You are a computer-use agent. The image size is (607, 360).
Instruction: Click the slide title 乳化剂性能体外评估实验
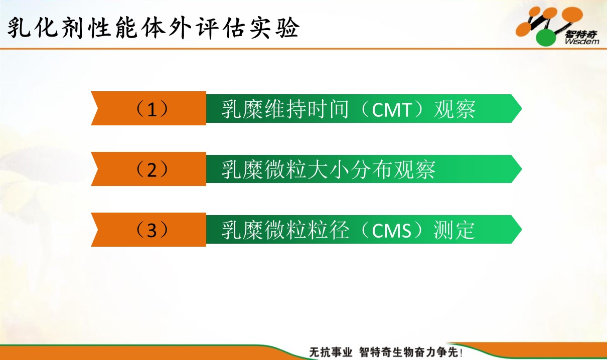154,28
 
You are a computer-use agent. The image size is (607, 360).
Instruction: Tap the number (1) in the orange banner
151,109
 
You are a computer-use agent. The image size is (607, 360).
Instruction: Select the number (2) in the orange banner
151,169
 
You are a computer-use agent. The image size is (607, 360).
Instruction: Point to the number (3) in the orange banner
151,230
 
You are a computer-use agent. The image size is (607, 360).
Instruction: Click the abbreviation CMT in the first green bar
392,110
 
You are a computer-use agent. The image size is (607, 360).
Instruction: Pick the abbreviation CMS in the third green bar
392,231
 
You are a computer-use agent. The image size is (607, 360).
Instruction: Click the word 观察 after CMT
454,109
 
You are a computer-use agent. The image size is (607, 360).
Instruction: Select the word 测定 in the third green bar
454,230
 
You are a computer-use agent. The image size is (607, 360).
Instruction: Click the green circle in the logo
546,38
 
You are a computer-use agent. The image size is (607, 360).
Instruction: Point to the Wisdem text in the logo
582,42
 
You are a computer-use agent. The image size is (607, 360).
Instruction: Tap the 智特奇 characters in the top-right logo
581,34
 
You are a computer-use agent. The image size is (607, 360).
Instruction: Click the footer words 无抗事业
331,352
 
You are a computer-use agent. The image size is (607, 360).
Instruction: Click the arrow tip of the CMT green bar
522,109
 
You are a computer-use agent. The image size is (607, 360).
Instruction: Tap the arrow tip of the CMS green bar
522,230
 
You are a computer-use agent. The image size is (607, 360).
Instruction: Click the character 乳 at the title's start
19,28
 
